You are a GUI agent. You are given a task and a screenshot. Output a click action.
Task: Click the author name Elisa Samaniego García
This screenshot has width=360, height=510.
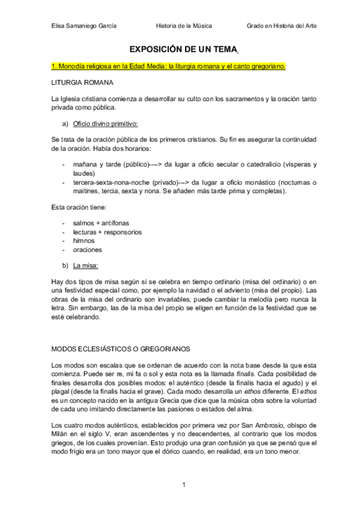(84, 26)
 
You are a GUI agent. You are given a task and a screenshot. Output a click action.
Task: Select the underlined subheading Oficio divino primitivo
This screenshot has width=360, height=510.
(105, 124)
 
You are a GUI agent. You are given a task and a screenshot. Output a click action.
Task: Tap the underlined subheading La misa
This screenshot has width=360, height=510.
(86, 265)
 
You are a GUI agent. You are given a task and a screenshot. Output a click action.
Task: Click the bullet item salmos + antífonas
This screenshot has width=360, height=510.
(100, 223)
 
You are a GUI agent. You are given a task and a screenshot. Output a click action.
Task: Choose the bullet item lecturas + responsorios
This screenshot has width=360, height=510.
(107, 232)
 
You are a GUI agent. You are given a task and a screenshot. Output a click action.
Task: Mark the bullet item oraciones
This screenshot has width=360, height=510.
(88, 249)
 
